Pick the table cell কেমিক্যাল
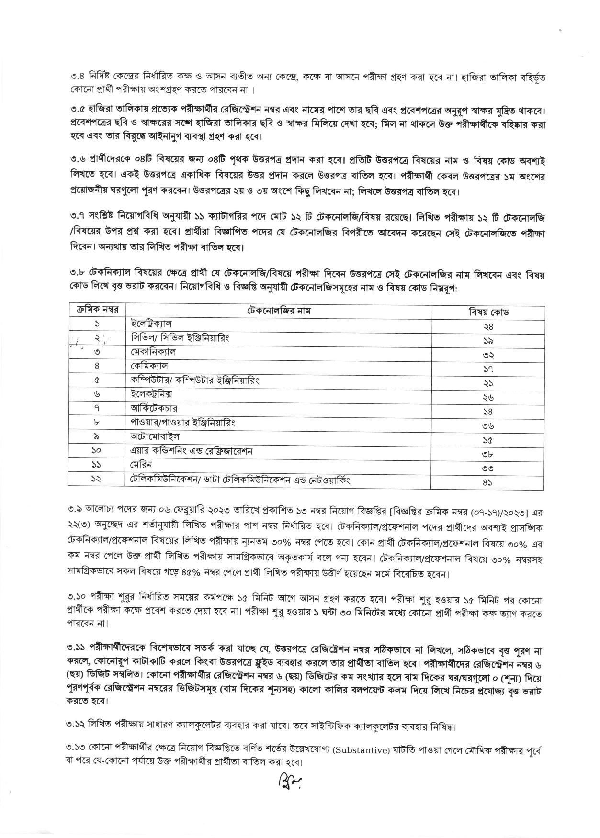pyautogui.click(x=149, y=366)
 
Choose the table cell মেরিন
pyautogui.click(x=142, y=465)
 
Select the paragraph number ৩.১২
pyautogui.click(x=77, y=740)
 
